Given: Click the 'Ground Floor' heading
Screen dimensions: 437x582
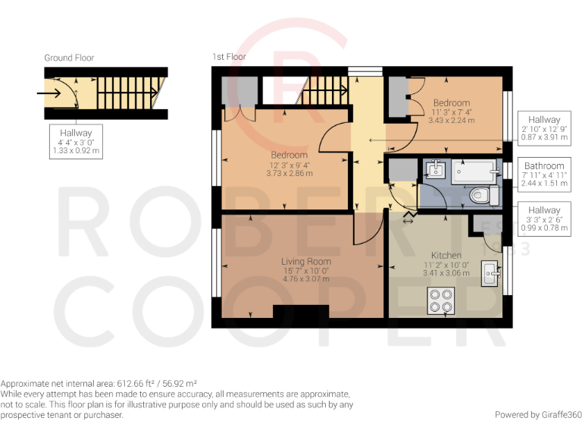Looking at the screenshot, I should tap(69, 58).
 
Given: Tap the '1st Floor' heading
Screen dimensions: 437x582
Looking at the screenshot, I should tap(229, 57).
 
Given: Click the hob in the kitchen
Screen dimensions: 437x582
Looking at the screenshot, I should tap(440, 301).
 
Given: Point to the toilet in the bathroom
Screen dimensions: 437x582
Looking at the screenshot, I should tap(481, 196).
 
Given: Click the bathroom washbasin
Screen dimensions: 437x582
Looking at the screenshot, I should tap(435, 171).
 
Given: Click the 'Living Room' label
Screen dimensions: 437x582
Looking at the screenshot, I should tap(305, 262).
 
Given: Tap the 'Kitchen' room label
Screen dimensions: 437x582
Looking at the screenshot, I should tap(446, 255).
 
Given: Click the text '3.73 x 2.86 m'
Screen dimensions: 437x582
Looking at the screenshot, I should tap(289, 173).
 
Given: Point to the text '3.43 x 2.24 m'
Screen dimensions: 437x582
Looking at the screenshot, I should tap(451, 120).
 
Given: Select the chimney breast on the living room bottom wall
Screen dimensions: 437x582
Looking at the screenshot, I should tap(301, 312).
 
